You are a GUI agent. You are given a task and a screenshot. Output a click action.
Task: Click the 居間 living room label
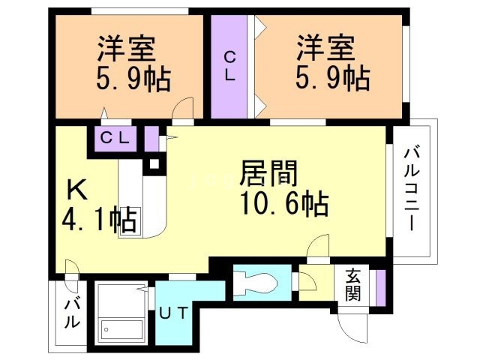(x=269, y=174)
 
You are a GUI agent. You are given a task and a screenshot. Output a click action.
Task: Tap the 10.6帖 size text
(x=283, y=202)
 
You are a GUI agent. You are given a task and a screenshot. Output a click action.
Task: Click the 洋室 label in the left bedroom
(x=126, y=49)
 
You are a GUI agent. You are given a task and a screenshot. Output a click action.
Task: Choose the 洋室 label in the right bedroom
(x=325, y=49)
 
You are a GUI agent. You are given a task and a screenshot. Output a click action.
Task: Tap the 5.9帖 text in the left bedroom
(x=133, y=78)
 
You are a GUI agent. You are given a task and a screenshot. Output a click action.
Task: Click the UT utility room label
(x=172, y=313)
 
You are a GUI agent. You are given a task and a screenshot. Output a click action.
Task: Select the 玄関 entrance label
(x=353, y=285)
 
